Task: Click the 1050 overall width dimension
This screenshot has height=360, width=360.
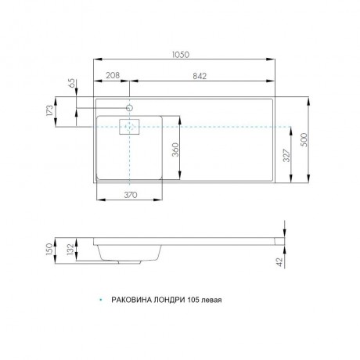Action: click(x=181, y=55)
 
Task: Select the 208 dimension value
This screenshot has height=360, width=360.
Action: click(x=113, y=75)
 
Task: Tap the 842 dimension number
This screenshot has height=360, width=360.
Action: click(x=200, y=76)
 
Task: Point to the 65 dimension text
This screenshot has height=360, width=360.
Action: click(x=72, y=83)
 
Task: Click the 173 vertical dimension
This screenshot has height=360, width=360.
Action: click(x=50, y=110)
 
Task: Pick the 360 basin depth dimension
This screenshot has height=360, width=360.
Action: click(x=176, y=149)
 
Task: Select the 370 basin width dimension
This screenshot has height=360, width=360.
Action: click(x=130, y=195)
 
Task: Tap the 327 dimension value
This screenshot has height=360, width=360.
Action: click(x=286, y=156)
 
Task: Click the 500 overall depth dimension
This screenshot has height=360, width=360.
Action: click(x=304, y=140)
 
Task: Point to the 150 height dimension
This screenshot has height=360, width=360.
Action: click(x=49, y=250)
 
